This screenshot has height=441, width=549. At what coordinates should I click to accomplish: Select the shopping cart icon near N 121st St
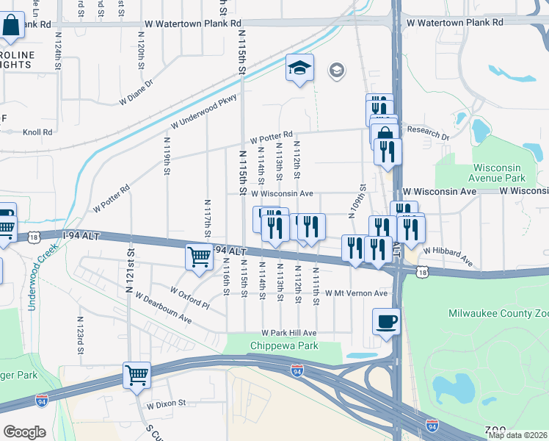[x=137, y=375]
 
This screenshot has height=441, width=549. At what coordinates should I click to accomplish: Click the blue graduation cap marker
[x=299, y=68]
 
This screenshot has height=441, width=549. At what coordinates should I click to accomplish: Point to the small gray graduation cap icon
[x=337, y=71]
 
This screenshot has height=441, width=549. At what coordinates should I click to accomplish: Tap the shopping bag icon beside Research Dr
[x=385, y=136]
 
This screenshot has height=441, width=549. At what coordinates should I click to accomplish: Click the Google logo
[x=23, y=432]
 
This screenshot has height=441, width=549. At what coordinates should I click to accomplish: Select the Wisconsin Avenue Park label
[x=498, y=173]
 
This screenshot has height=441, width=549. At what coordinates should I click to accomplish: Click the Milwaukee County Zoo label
[x=498, y=314]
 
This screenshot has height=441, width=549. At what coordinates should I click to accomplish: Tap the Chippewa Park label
[x=284, y=345]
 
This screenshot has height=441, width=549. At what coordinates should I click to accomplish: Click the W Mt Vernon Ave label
[x=357, y=293]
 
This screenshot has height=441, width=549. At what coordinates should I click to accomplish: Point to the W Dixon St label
[x=167, y=404]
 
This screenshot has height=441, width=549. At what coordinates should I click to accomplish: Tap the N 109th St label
[x=362, y=201]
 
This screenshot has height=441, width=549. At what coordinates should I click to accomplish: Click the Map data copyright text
[x=517, y=434]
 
